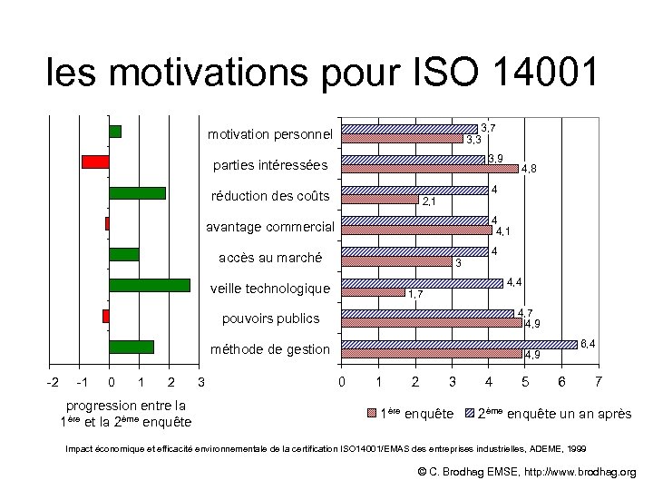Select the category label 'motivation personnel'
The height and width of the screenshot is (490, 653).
click(x=270, y=134)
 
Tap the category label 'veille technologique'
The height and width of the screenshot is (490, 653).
click(x=270, y=289)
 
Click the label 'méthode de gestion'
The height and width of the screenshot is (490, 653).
click(x=270, y=349)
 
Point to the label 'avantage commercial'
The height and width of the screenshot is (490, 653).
click(x=270, y=227)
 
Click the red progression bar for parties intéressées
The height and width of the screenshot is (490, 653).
click(x=95, y=162)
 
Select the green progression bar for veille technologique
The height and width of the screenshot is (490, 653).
click(x=150, y=285)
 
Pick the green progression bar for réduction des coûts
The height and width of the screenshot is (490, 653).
click(x=137, y=192)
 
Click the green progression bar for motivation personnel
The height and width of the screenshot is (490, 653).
click(x=115, y=131)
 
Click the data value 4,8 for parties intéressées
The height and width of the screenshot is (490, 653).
click(x=528, y=169)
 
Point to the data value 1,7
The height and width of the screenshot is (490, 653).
click(x=414, y=294)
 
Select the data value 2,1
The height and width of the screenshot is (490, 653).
click(x=430, y=201)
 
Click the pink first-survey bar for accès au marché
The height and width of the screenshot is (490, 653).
click(x=396, y=261)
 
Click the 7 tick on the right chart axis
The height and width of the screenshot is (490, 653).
click(x=598, y=379)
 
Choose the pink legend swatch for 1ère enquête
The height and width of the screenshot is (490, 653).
click(x=372, y=413)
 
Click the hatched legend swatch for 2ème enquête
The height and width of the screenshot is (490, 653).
click(x=470, y=413)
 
